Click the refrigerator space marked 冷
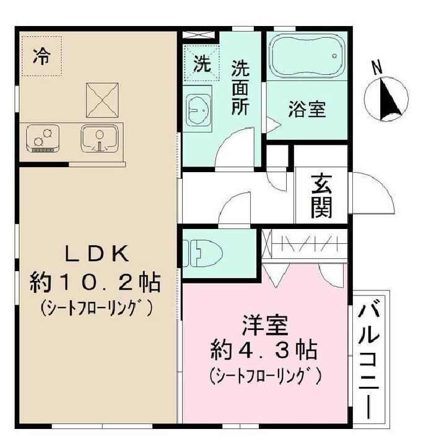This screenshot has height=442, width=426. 41,57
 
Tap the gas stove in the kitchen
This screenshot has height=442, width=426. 43,139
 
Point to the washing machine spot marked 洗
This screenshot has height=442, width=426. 202,63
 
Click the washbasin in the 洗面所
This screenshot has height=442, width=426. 199,111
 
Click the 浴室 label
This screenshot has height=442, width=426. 306,110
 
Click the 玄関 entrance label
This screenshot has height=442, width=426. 321,196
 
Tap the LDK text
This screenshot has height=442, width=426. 97,254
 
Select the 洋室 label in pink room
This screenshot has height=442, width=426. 264,326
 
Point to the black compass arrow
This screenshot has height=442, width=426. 389,98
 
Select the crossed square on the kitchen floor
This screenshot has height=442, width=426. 102,99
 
